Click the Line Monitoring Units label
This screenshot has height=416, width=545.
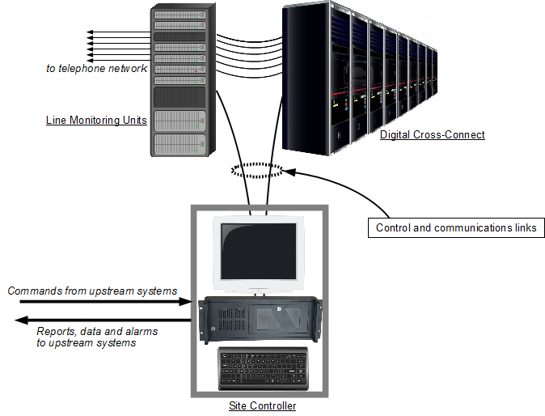96,120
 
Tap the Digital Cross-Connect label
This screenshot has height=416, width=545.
432,134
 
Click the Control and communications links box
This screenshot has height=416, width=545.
456,227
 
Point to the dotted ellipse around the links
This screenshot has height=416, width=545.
257,170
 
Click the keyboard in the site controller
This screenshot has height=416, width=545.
263,368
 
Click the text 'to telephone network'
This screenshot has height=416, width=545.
96,69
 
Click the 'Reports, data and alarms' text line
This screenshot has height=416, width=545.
97,331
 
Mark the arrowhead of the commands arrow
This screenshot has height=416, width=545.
185,302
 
